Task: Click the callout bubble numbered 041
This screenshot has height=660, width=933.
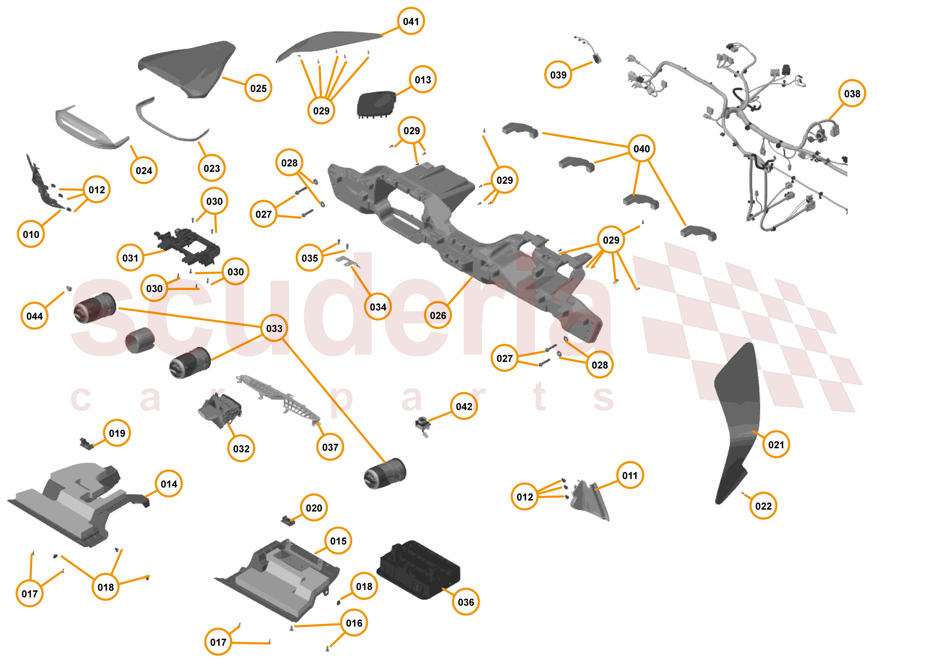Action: coord(410,21)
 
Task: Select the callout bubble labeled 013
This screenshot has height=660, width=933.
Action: coord(423,80)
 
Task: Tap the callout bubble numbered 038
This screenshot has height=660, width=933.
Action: coord(852,94)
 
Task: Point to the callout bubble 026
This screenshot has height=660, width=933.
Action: coord(438,315)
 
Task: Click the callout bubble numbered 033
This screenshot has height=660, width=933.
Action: coord(274,328)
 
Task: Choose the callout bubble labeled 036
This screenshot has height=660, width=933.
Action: coord(466,602)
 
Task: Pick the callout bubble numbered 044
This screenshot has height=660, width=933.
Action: coord(34,316)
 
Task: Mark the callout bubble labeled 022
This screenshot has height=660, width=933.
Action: coord(763,506)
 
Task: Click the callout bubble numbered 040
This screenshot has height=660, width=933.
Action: coord(641,149)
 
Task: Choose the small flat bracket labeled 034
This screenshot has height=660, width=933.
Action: coord(347,261)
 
